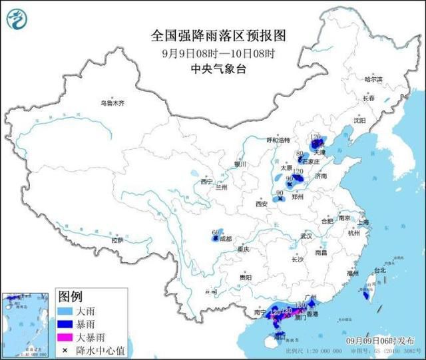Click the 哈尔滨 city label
pos(373,79)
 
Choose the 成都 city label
pos(224,238)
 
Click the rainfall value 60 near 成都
pos(214,232)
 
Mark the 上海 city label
pos(363,223)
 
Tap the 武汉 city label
pos(307,236)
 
